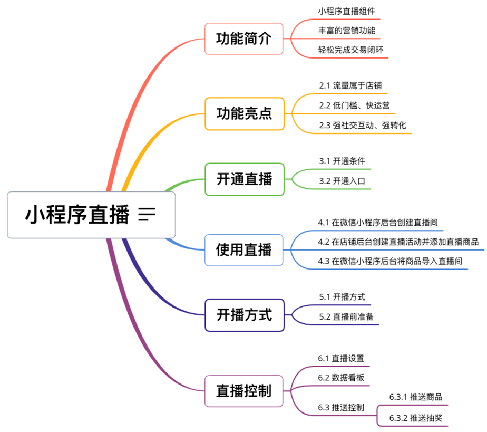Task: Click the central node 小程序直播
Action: click(x=77, y=215)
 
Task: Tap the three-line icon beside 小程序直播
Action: click(x=147, y=214)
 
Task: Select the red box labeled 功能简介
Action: click(x=244, y=39)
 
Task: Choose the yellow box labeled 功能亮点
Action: click(x=244, y=113)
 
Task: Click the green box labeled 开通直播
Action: click(x=244, y=179)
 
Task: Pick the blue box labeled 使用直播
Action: click(x=244, y=249)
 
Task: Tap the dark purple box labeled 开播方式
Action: click(x=244, y=315)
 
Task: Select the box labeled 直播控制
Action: click(x=244, y=391)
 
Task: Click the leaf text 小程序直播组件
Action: click(x=346, y=11)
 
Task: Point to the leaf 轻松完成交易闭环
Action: click(x=350, y=50)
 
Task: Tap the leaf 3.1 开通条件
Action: click(x=342, y=161)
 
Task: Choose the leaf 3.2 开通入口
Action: click(x=342, y=181)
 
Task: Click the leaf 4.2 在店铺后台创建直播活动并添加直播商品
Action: click(x=398, y=242)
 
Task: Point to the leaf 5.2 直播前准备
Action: click(x=347, y=317)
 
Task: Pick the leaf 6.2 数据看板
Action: click(x=341, y=378)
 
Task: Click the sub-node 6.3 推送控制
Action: click(x=341, y=408)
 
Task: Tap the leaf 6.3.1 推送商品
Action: click(x=415, y=397)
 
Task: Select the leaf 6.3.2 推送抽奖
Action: click(x=415, y=418)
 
